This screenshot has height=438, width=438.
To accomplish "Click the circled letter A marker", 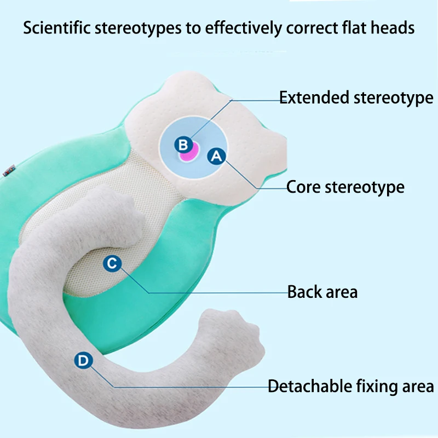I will pos(217,156).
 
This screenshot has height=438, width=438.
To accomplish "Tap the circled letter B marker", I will pos(183,145).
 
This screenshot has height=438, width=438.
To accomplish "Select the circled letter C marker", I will pos(112,263).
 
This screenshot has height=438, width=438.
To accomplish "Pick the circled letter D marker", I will pos(83,360).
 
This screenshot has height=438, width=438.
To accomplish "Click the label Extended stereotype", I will pos(356,98).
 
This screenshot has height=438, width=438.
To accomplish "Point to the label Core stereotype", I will pos(345,187).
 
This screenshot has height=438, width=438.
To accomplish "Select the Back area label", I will pos(322,292).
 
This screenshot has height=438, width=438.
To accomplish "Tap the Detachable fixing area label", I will pos(350,386).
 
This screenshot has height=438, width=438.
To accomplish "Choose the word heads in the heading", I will pos(392,28).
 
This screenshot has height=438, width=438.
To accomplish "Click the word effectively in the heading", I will pos(238,28).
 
